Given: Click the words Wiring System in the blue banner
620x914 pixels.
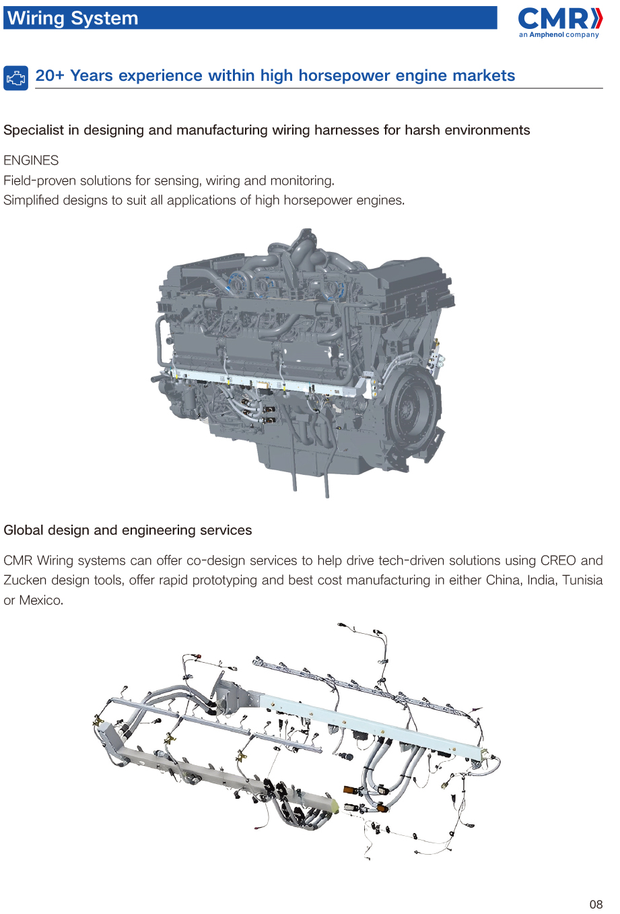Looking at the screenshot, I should (x=73, y=18).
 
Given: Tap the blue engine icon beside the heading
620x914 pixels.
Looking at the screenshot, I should (x=15, y=78).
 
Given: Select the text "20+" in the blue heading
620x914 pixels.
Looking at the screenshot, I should (x=50, y=75).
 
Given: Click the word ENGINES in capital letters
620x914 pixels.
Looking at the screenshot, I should (x=31, y=160).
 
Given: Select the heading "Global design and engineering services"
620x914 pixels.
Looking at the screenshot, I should (x=128, y=530).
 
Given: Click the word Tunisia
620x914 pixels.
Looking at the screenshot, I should (x=582, y=580).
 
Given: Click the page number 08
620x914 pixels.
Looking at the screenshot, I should (x=596, y=905).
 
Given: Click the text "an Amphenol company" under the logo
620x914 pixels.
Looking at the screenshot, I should (x=559, y=35).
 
